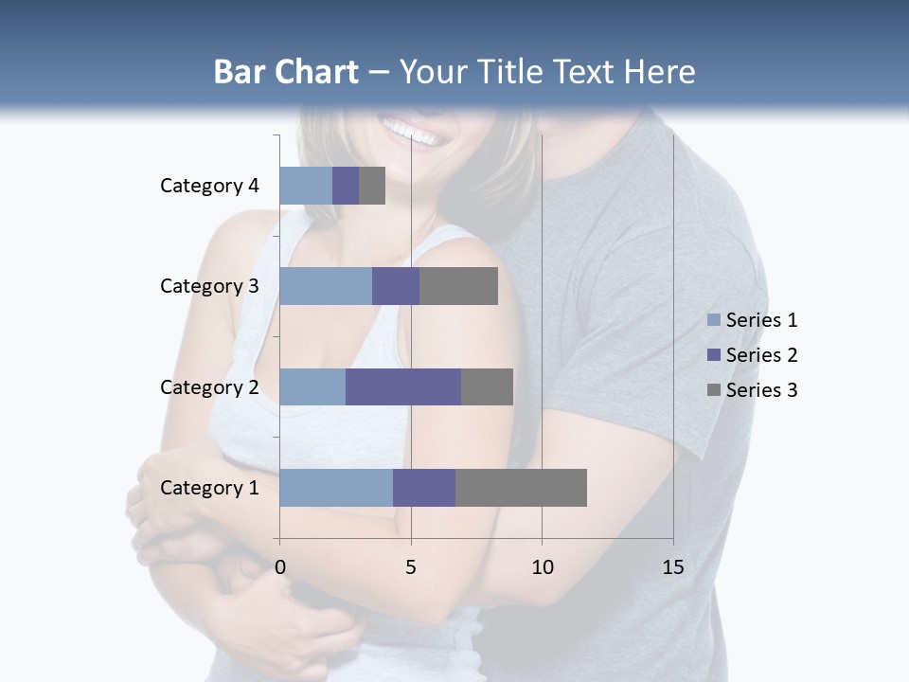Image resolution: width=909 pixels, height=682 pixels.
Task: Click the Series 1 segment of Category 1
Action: (x=335, y=488)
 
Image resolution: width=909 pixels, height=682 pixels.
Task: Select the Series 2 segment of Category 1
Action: (x=423, y=488)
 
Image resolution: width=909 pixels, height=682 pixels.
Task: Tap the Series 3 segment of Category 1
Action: (x=521, y=488)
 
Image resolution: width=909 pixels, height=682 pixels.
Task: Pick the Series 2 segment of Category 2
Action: (x=402, y=386)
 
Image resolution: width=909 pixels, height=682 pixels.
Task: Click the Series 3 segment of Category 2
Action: (x=487, y=386)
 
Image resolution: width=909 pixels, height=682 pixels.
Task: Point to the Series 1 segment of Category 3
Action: (x=325, y=286)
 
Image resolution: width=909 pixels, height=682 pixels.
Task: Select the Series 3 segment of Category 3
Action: (x=458, y=286)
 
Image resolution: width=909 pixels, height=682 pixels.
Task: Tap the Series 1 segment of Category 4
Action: (x=305, y=186)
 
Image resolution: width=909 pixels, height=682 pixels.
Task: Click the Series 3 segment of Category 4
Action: (x=372, y=186)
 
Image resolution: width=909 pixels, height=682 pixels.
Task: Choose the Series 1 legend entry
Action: (x=752, y=320)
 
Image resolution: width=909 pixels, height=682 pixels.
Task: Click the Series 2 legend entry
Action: (x=752, y=355)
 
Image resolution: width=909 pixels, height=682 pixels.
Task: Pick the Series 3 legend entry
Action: (x=752, y=390)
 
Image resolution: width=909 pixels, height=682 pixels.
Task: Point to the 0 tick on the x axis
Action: (x=279, y=567)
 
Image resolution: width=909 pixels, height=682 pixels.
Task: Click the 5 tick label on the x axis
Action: (x=411, y=567)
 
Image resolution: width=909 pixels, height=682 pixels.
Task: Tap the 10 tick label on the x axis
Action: (x=542, y=567)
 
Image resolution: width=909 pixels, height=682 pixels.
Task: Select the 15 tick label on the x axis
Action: (x=673, y=567)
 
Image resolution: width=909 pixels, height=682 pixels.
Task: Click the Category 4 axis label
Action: (x=209, y=186)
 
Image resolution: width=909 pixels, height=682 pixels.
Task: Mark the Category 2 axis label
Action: (x=209, y=386)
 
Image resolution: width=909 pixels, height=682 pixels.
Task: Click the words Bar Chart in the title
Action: (x=285, y=71)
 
